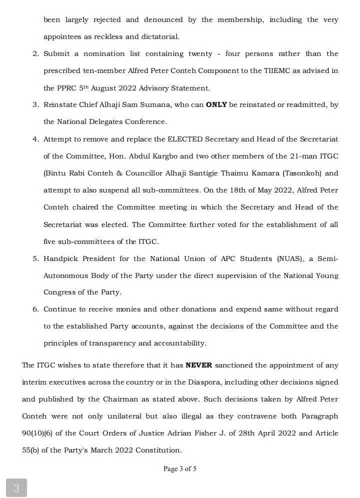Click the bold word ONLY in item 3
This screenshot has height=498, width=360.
point(216,105)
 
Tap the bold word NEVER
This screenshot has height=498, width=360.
point(198,365)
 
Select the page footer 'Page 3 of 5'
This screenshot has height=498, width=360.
point(179,469)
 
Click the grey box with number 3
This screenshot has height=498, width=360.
point(16,487)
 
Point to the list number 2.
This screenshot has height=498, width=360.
point(35,54)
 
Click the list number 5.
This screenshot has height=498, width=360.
point(35,258)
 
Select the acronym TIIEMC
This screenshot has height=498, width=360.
point(277,71)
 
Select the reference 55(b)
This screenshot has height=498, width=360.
point(31,450)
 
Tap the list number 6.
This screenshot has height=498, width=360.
point(35,309)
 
